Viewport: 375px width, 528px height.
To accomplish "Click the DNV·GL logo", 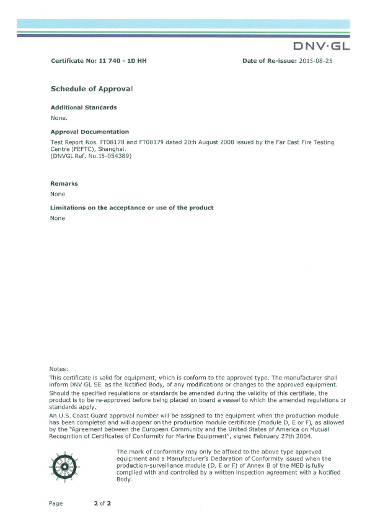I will [x=321, y=47].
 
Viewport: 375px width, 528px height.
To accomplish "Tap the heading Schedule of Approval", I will [x=92, y=89].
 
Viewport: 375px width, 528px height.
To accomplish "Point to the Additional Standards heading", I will [x=83, y=107].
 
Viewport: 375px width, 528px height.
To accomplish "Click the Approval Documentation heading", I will [x=89, y=132].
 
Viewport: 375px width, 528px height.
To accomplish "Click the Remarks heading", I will [x=64, y=184].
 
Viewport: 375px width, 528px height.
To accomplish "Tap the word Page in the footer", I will [x=56, y=503].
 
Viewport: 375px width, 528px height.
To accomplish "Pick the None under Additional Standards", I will [x=58, y=117].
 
